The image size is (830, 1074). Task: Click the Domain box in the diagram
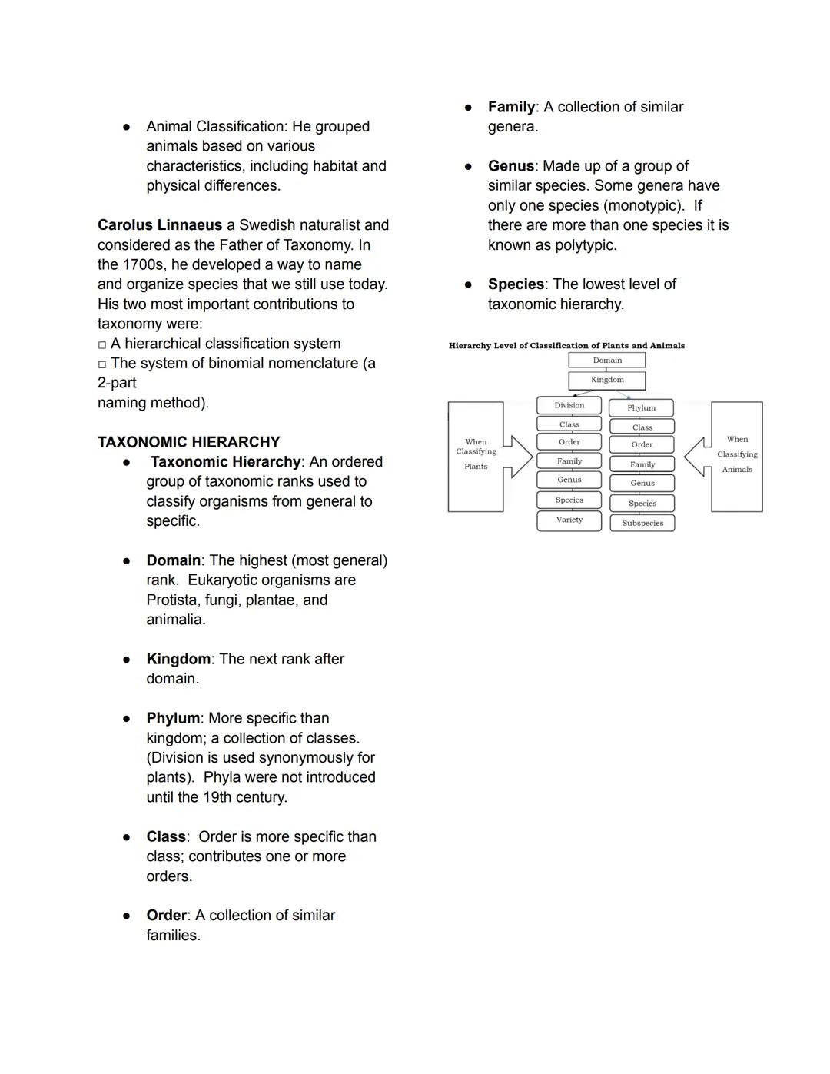pyautogui.click(x=607, y=360)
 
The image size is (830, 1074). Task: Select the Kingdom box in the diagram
pyautogui.click(x=607, y=380)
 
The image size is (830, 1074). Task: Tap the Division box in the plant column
pyautogui.click(x=569, y=405)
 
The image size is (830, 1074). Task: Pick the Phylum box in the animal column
pyautogui.click(x=641, y=408)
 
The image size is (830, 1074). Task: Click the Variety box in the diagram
pyautogui.click(x=569, y=520)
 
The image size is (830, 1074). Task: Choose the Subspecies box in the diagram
pyautogui.click(x=642, y=524)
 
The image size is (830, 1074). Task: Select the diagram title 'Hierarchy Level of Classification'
pyautogui.click(x=566, y=346)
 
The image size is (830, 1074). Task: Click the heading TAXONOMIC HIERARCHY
pyautogui.click(x=188, y=442)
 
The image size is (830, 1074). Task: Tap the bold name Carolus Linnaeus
pyautogui.click(x=160, y=225)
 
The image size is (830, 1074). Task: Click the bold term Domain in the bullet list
pyautogui.click(x=174, y=560)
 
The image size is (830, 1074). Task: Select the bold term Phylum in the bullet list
pyautogui.click(x=174, y=718)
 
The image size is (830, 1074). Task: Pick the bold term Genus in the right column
pyautogui.click(x=510, y=166)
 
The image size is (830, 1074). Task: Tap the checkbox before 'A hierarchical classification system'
pyautogui.click(x=102, y=345)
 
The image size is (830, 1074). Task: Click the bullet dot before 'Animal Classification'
pyautogui.click(x=127, y=127)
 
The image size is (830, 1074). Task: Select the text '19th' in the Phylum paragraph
pyautogui.click(x=219, y=797)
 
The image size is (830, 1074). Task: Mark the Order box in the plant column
pyautogui.click(x=569, y=442)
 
